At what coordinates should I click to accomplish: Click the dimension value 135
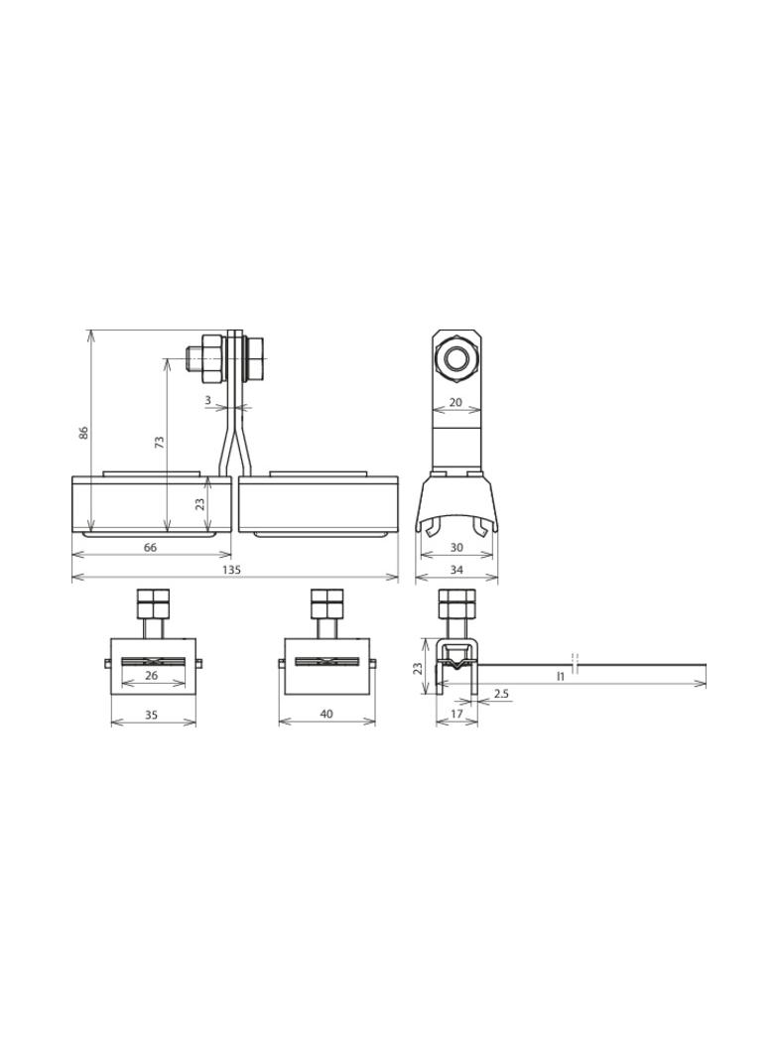coord(231,570)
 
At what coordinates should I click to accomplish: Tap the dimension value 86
coord(83,433)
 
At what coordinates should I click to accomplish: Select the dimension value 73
coord(159,442)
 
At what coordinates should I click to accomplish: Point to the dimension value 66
coord(150,547)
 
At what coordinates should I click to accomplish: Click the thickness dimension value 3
coord(207,400)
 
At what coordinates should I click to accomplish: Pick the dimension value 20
coord(455,402)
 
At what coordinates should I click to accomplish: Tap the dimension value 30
coord(456,547)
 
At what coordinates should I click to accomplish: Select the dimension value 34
coord(456,570)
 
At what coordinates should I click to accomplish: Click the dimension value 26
coord(151,675)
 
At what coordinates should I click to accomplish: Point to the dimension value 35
coord(151,714)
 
